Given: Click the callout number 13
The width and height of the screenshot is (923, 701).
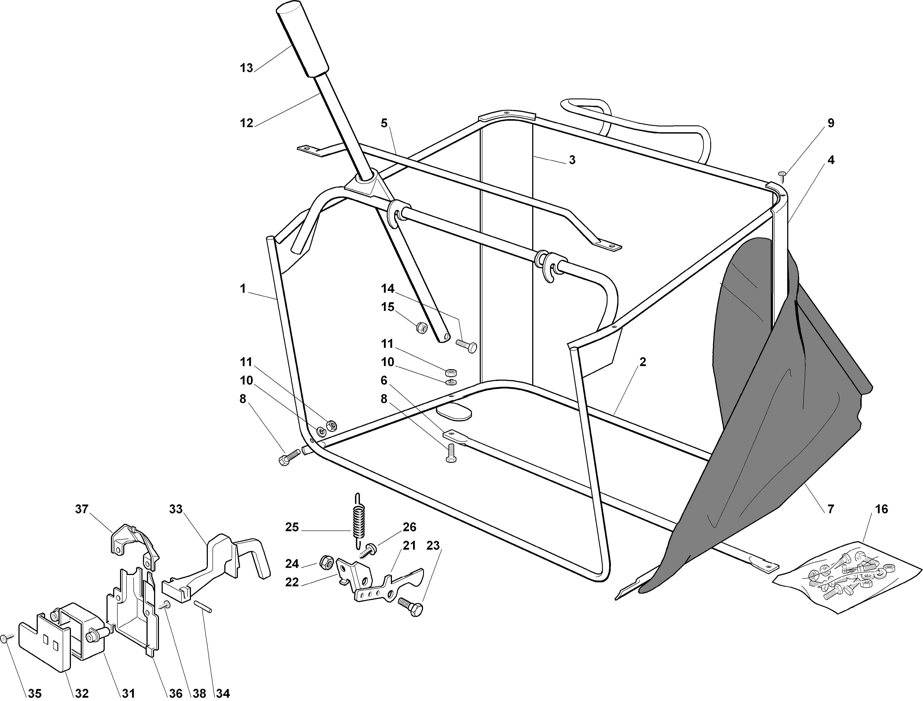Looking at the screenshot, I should (x=246, y=68).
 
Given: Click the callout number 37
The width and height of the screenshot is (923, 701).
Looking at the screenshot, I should (x=82, y=509).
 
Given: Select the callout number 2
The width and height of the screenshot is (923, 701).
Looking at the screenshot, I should (x=643, y=362).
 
